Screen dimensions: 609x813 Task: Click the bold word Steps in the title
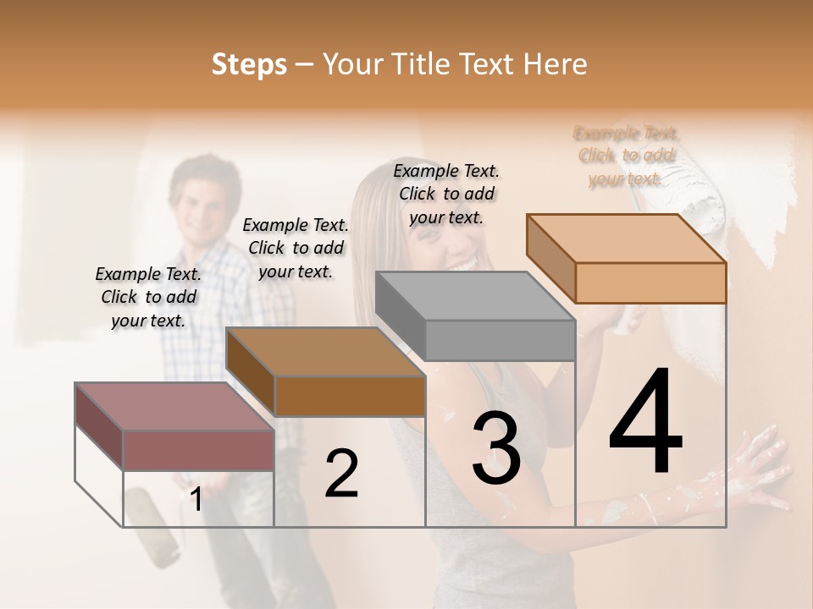249,64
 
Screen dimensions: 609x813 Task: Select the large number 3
495,447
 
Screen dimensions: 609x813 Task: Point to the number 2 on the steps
341,474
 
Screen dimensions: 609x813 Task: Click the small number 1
196,500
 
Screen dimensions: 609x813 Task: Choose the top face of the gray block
475,295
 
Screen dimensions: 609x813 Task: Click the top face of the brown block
325,352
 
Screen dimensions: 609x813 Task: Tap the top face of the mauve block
174,407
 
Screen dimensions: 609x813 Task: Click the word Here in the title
556,64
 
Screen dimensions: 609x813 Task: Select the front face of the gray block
500,340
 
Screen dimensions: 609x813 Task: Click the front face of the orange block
650,283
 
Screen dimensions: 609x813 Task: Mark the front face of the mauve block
198,450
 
